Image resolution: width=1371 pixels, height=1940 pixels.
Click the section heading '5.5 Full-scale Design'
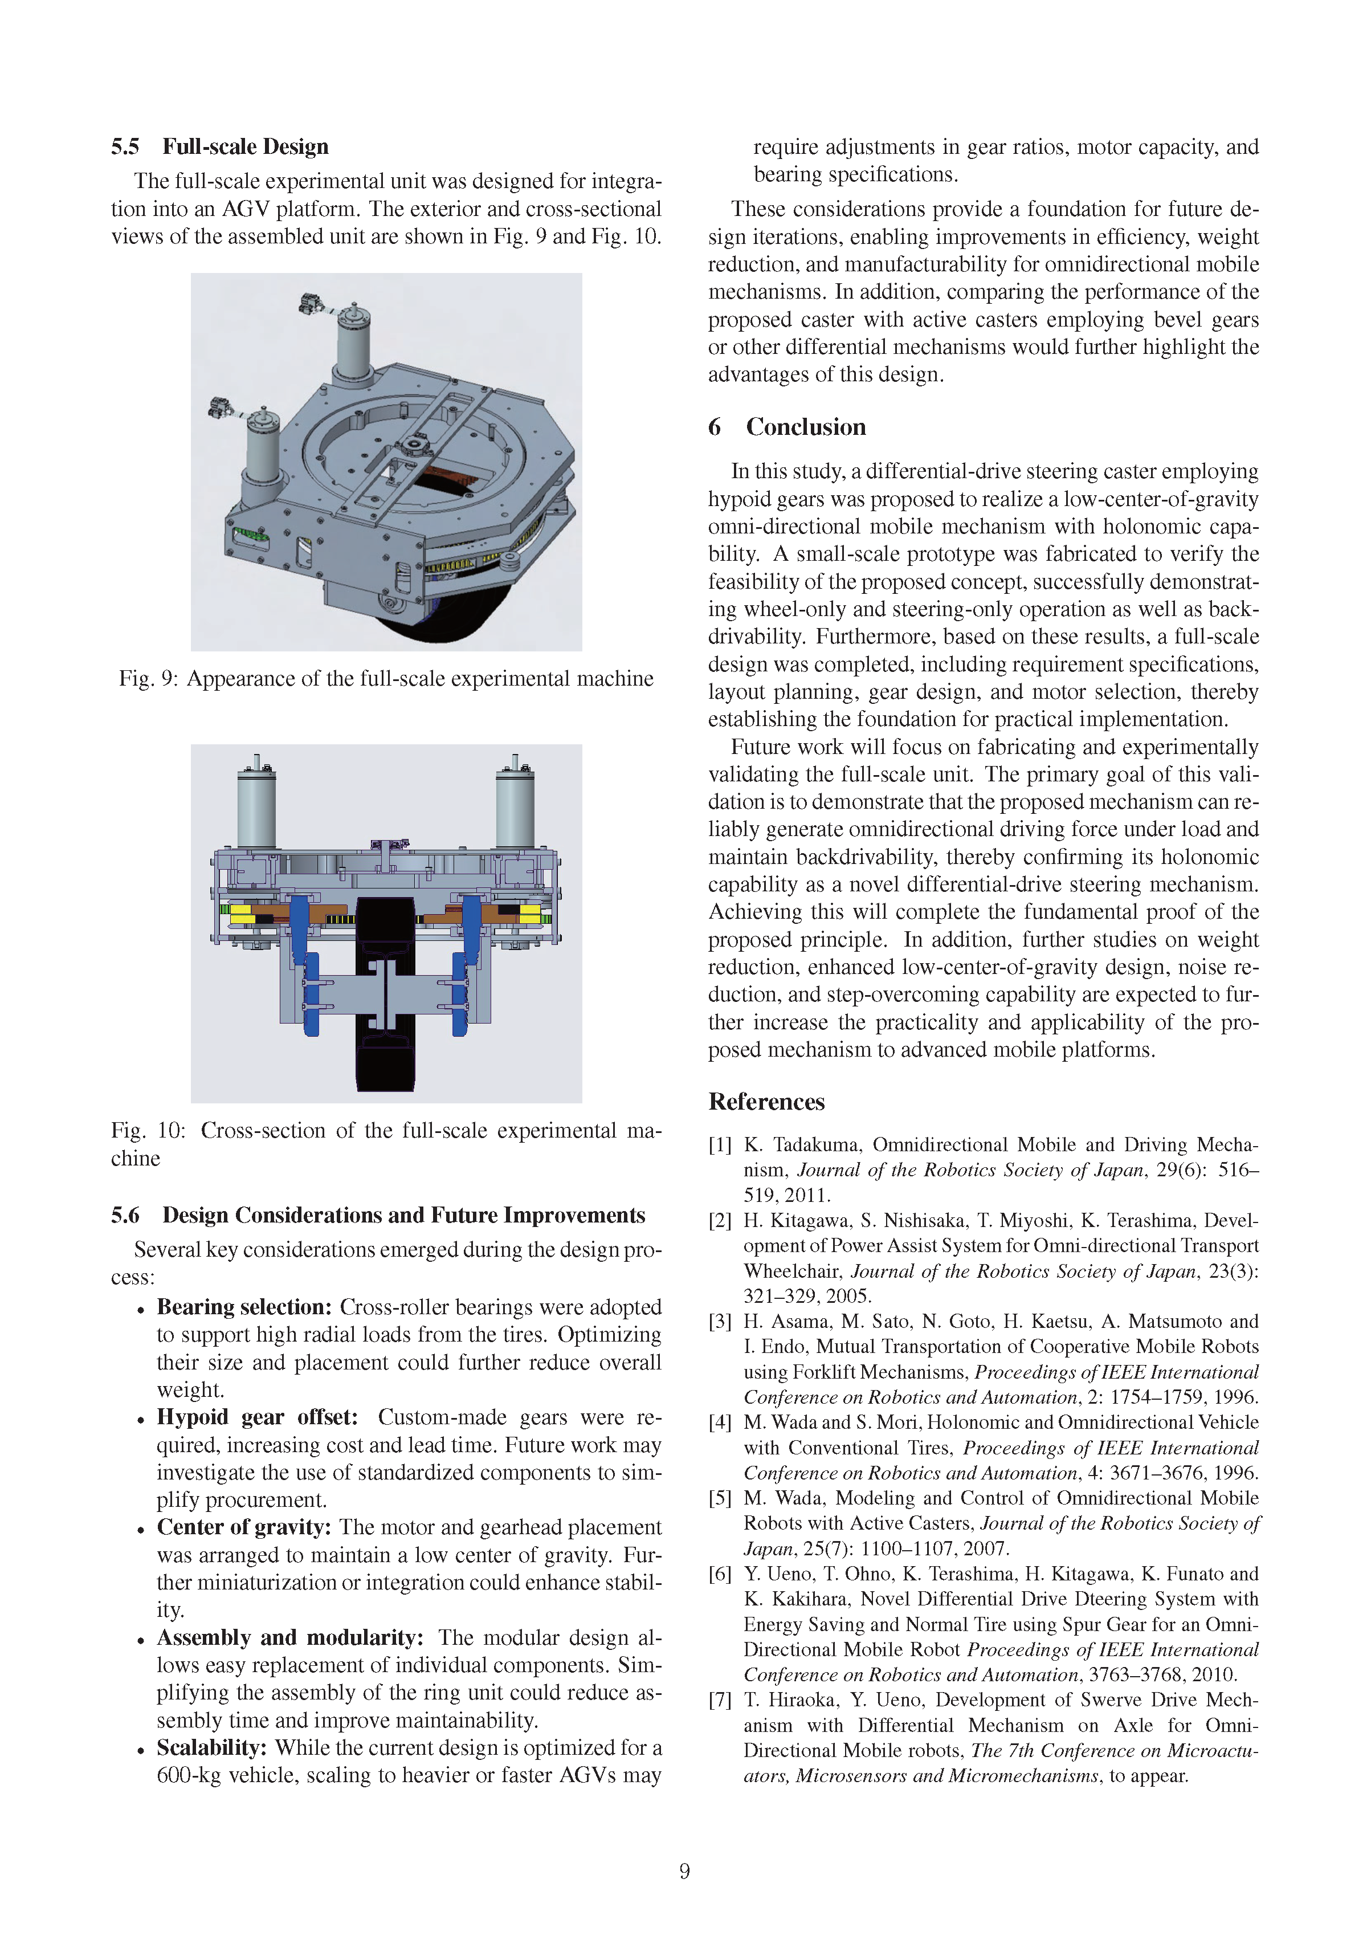pos(219,147)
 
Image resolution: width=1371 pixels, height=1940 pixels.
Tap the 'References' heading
pos(766,1102)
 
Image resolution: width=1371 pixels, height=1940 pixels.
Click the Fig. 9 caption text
pos(386,679)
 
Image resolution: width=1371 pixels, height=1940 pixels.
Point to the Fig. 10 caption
pos(386,1143)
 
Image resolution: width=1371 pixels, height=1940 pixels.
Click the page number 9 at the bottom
pos(684,1870)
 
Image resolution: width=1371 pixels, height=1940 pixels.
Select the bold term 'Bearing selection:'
pos(244,1307)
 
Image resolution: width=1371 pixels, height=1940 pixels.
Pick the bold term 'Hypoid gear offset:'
pos(257,1417)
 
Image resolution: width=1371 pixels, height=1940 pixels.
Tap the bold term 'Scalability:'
pos(212,1747)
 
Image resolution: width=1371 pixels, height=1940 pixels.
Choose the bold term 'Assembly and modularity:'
pos(289,1637)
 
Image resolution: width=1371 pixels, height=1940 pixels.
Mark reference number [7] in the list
pos(720,1700)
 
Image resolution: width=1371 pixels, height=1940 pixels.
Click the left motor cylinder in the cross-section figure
pos(256,811)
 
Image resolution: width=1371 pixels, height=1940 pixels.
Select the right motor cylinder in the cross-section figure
pos(515,811)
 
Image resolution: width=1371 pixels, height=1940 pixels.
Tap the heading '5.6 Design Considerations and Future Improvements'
pos(378,1215)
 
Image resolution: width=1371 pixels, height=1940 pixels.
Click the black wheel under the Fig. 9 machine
pos(422,630)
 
